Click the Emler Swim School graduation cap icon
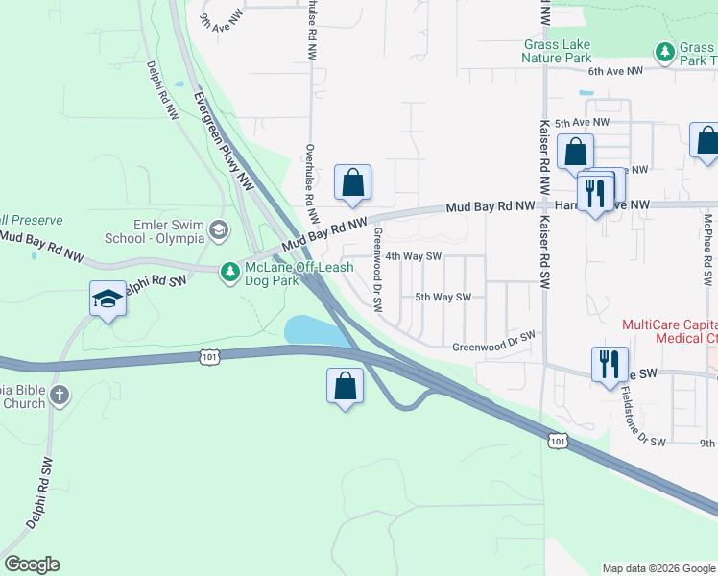220,229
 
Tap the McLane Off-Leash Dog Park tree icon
229,273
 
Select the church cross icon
60,395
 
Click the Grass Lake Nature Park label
557,51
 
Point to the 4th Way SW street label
413,256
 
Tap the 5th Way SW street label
443,298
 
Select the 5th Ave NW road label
582,123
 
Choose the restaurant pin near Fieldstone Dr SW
610,364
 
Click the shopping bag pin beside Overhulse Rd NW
352,181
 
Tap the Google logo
32,564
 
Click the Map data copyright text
658,568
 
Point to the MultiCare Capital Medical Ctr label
669,331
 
